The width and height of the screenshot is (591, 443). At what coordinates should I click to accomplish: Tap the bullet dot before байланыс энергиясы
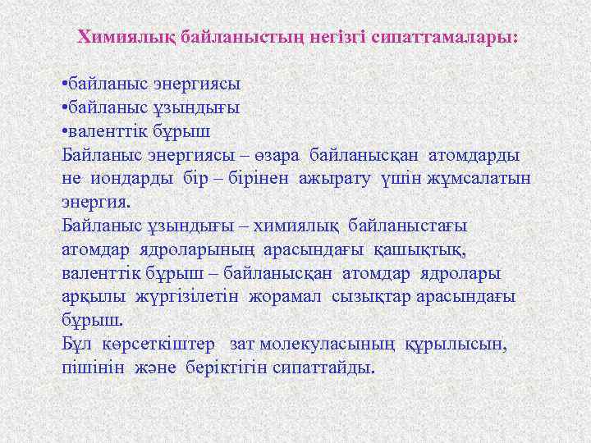tap(65, 84)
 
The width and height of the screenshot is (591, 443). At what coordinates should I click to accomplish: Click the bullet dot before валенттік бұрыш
tap(65, 131)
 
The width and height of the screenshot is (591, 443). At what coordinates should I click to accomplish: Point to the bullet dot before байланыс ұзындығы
tap(65, 107)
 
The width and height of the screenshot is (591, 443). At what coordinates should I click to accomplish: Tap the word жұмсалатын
tap(483, 179)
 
